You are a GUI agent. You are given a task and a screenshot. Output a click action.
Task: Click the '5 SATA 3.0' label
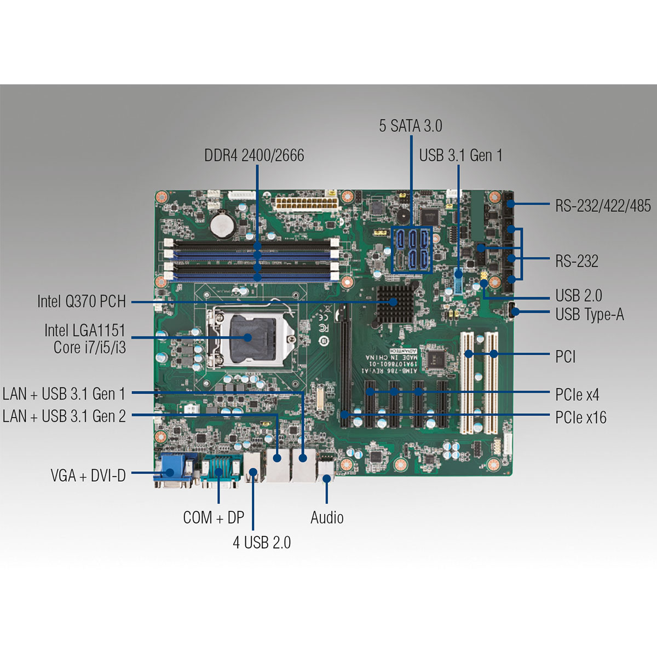point(410,126)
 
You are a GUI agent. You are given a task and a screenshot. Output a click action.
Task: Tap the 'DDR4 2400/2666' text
point(254,155)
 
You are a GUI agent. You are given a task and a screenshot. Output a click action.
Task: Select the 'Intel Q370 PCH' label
point(82,301)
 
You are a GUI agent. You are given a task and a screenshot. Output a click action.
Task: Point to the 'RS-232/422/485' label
point(603,206)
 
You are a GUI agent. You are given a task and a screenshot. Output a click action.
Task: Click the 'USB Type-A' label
point(589,315)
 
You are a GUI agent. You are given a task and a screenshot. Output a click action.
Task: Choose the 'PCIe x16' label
point(580,418)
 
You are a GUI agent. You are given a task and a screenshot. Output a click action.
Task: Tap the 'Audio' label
point(327,517)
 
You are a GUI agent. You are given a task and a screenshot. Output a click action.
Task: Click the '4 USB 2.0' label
point(262,543)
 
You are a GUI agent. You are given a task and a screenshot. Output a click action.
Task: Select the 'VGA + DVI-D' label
point(88,475)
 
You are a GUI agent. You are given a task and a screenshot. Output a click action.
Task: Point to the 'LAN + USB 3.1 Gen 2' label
point(65,416)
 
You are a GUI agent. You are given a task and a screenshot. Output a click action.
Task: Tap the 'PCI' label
point(565,357)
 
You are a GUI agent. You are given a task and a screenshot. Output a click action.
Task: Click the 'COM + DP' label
point(214,517)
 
